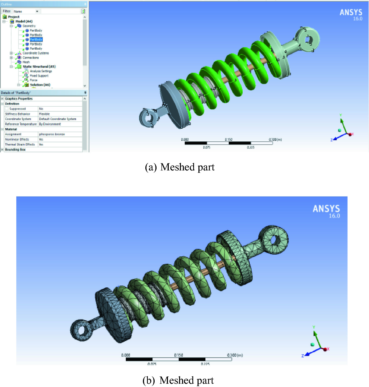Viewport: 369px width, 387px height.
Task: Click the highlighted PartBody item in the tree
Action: [x=36, y=40]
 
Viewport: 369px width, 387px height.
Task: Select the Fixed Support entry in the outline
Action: [x=39, y=76]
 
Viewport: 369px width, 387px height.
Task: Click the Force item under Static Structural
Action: [x=33, y=80]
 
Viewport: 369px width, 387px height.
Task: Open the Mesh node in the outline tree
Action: [x=26, y=62]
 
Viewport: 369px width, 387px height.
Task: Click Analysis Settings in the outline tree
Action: [x=41, y=71]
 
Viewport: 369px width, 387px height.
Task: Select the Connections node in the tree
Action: [x=30, y=58]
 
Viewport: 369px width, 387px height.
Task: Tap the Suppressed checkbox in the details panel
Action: [x=7, y=109]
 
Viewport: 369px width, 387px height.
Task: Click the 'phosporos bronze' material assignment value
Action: [x=52, y=134]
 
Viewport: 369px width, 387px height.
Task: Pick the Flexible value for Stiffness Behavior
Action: [x=44, y=114]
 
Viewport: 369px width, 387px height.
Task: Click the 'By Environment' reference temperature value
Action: [x=50, y=124]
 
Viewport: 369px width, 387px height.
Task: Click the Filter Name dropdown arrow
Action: [x=37, y=11]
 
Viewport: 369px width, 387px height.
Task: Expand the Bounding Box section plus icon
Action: [x=2, y=150]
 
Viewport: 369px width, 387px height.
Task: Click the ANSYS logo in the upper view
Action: [x=351, y=12]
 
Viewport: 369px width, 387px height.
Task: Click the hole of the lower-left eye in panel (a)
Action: [x=149, y=118]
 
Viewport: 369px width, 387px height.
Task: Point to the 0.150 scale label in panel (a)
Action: [x=229, y=139]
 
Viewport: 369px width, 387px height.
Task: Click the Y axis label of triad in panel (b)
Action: [x=314, y=327]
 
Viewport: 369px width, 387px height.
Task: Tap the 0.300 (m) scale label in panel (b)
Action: [x=235, y=355]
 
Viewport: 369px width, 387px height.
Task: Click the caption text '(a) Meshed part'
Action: [x=180, y=167]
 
